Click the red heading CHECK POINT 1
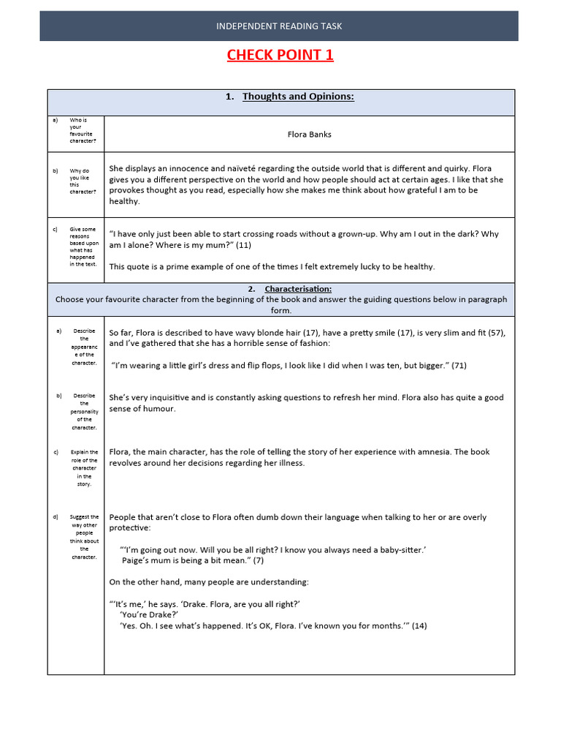pos(280,55)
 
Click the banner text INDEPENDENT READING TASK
pos(279,26)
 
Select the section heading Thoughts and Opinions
pos(297,97)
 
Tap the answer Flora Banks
pos(310,135)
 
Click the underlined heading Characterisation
pos(297,289)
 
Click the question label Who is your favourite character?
pos(82,130)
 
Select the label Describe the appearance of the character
pos(83,347)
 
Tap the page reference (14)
pos(419,625)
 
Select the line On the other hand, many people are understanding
pos(209,582)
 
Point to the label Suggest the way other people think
pos(83,537)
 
